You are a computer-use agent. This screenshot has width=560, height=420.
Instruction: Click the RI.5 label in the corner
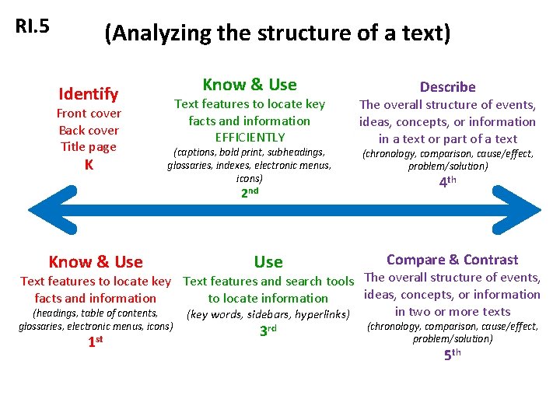(x=33, y=26)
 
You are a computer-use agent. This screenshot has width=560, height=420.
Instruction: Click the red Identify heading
(x=89, y=94)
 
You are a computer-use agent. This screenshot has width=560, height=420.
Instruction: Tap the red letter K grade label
(x=89, y=165)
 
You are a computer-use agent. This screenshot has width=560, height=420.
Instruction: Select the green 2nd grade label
(x=249, y=192)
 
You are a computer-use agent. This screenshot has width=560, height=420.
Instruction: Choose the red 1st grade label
(x=95, y=341)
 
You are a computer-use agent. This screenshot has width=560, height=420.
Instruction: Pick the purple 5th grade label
(x=452, y=355)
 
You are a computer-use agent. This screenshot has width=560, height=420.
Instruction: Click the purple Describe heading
(x=447, y=87)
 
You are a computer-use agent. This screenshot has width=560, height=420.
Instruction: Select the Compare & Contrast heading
(x=452, y=260)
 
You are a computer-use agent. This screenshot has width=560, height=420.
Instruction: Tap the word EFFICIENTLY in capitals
(x=250, y=138)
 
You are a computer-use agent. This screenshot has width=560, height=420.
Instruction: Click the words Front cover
(x=89, y=114)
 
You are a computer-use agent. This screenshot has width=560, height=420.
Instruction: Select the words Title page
(x=89, y=147)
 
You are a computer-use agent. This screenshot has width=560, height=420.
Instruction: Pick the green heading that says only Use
(x=268, y=262)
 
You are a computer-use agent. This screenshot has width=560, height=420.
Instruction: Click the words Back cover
(x=89, y=131)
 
